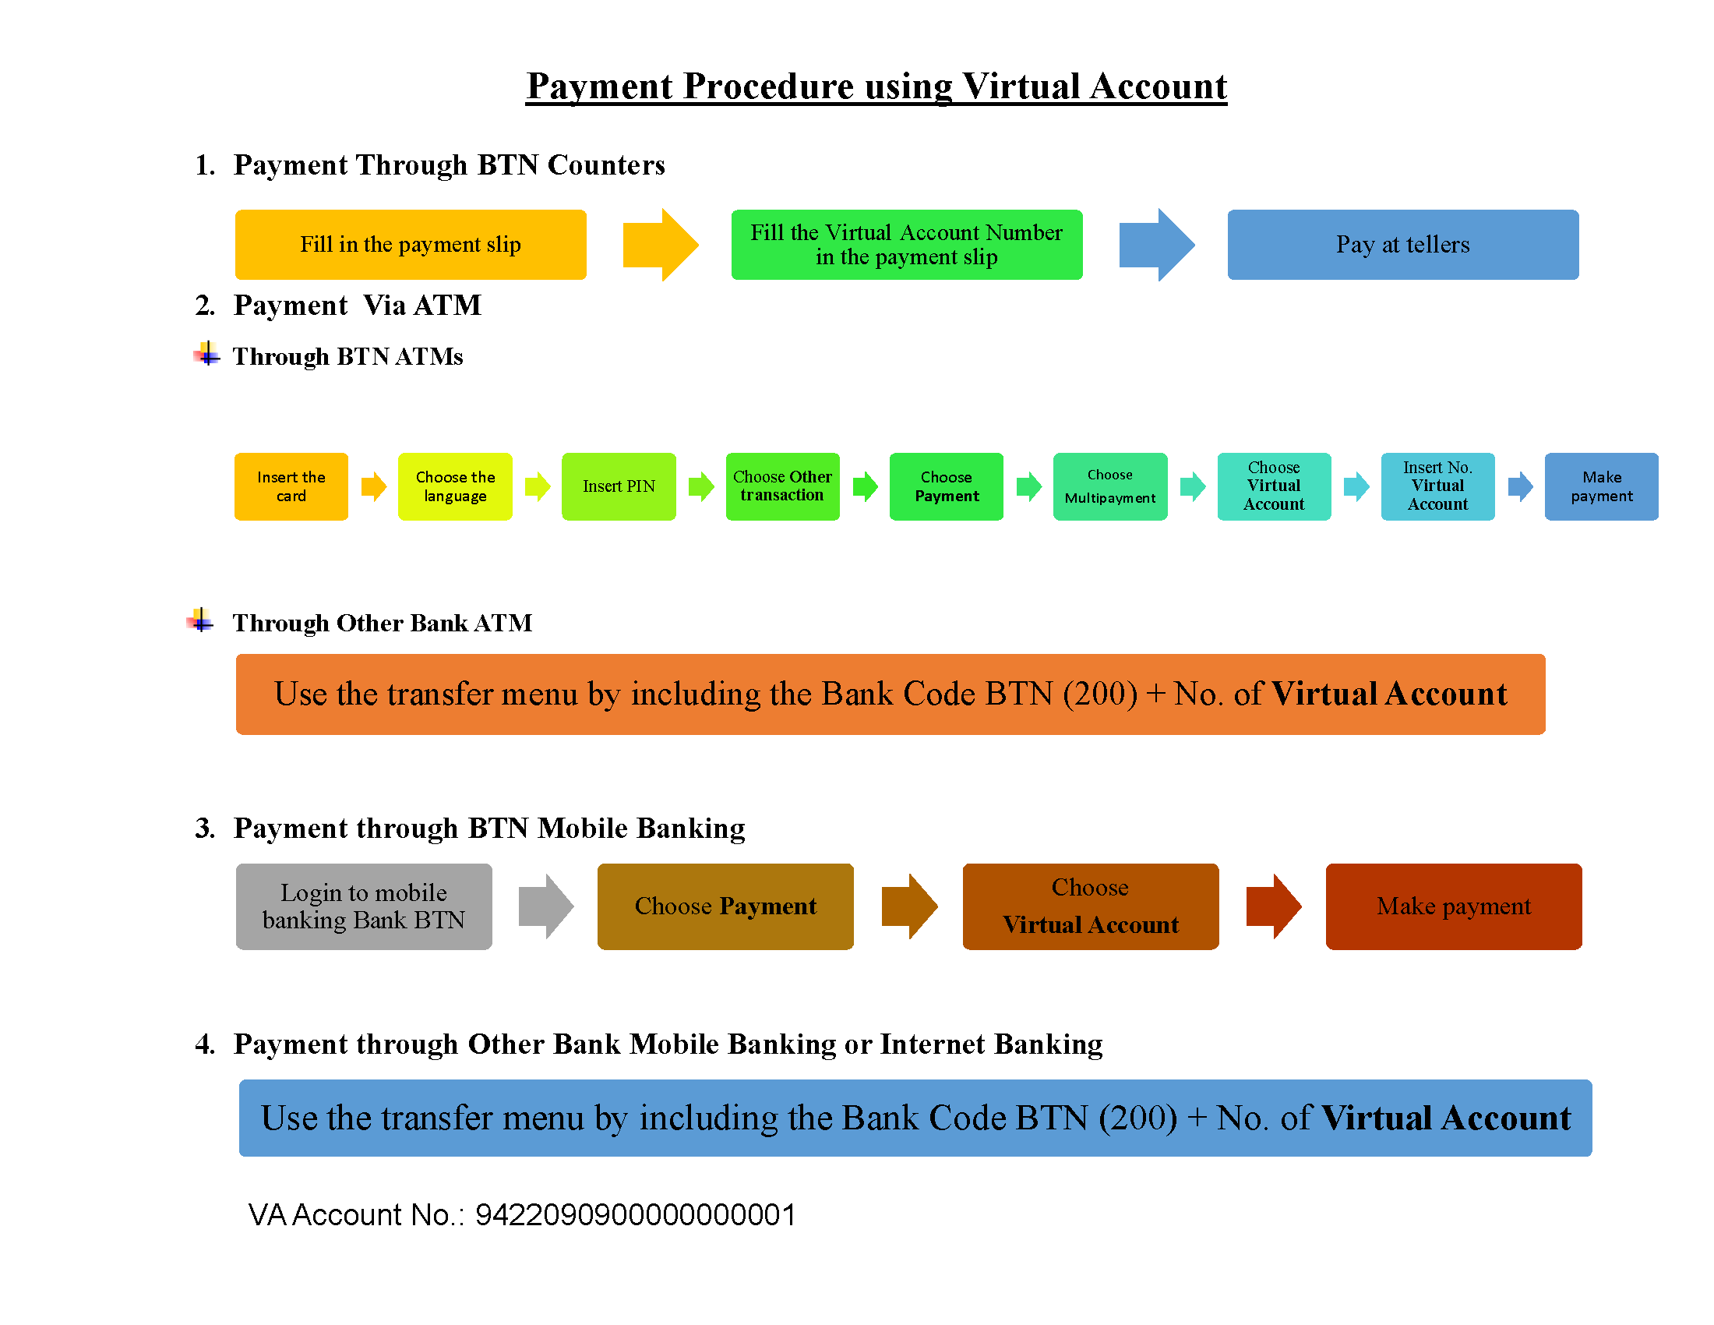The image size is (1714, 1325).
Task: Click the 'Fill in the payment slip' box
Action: pyautogui.click(x=411, y=245)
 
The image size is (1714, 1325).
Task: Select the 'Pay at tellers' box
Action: pyautogui.click(x=1402, y=245)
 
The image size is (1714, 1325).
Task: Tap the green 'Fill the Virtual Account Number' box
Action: pyautogui.click(x=906, y=245)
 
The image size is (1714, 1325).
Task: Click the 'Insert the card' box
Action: pyautogui.click(x=291, y=486)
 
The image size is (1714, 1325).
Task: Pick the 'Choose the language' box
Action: pyautogui.click(x=455, y=486)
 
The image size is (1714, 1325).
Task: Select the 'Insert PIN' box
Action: pyautogui.click(x=619, y=486)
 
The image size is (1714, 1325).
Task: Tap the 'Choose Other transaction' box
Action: pyautogui.click(x=782, y=486)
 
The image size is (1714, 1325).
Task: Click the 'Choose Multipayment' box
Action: pyautogui.click(x=1109, y=486)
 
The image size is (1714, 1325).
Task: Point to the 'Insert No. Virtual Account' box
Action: pyautogui.click(x=1437, y=486)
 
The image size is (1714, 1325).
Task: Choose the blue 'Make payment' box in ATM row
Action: pyautogui.click(x=1601, y=486)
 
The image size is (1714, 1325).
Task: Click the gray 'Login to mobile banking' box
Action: pyautogui.click(x=364, y=906)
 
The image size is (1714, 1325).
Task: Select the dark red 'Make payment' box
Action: pyautogui.click(x=1454, y=906)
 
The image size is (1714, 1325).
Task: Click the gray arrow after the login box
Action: pyautogui.click(x=546, y=906)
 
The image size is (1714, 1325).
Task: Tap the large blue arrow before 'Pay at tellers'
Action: pyautogui.click(x=1157, y=245)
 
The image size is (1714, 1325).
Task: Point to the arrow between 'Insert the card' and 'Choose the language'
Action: pyautogui.click(x=373, y=486)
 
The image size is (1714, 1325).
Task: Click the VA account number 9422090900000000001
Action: pyautogui.click(x=636, y=1215)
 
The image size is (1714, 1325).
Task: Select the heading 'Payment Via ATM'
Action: pyautogui.click(x=357, y=306)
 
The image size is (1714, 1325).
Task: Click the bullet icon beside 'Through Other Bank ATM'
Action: pyautogui.click(x=201, y=621)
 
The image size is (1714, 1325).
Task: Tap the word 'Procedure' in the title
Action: pyautogui.click(x=768, y=87)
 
